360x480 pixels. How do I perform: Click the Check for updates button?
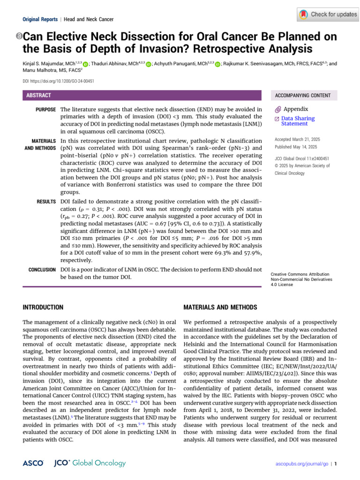tap(328, 15)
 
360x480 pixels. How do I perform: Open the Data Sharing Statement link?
tap(298, 121)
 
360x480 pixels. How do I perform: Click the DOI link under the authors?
tap(59, 81)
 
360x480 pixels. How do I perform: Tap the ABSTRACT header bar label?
tap(38, 95)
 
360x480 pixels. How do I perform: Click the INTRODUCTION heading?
tap(43, 307)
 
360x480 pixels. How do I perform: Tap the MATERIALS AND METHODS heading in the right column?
tap(220, 307)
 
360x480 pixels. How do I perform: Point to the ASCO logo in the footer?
tap(33, 463)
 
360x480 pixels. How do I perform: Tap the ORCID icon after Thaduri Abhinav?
tap(149, 64)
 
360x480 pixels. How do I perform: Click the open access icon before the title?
tap(19, 37)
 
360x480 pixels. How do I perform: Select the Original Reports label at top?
tap(40, 19)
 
